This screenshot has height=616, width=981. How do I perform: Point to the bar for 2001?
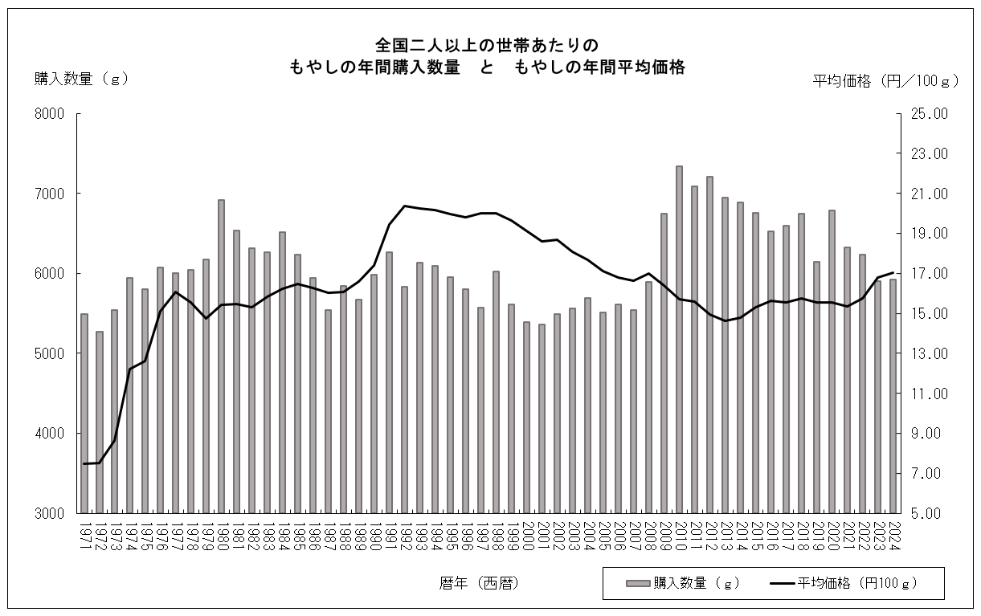(x=542, y=418)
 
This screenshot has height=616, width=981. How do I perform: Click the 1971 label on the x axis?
(x=84, y=534)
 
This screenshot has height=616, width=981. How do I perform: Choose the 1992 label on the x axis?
(x=405, y=534)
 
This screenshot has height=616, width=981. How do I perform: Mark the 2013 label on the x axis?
(x=725, y=534)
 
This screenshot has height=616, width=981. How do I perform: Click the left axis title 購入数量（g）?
(x=81, y=79)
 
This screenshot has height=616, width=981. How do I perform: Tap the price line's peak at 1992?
(x=405, y=206)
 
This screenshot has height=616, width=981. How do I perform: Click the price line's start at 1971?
(x=84, y=463)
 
